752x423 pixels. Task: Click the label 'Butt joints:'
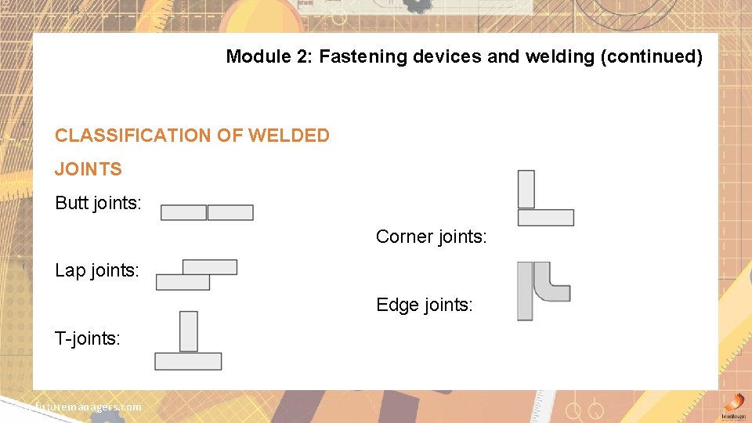click(x=98, y=204)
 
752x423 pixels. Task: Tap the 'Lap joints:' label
click(x=97, y=271)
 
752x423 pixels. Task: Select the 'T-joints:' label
click(x=88, y=339)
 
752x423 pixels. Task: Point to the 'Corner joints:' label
click(x=431, y=237)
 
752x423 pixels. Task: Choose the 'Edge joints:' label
click(x=425, y=305)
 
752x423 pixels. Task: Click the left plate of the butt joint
click(x=183, y=212)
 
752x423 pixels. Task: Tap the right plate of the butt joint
click(x=230, y=212)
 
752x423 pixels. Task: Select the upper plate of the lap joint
click(x=209, y=267)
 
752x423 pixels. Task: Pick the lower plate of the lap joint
click(x=183, y=282)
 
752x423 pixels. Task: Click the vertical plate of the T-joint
click(x=189, y=331)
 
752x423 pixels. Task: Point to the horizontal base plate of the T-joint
click(x=188, y=361)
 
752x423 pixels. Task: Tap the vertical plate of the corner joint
click(x=526, y=189)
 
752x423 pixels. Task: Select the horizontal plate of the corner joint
click(x=546, y=217)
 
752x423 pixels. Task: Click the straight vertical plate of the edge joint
click(x=525, y=291)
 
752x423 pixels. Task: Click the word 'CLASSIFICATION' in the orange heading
click(x=134, y=136)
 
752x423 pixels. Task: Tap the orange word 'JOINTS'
click(x=89, y=169)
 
